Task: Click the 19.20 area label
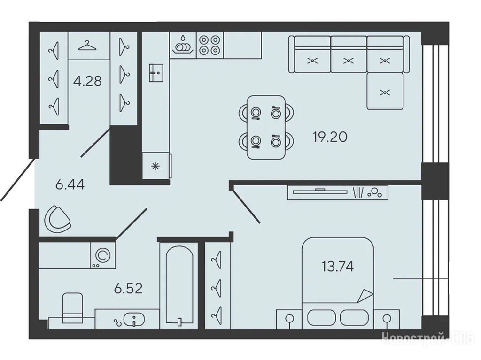pos(330,137)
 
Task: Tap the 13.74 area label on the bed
pos(337,267)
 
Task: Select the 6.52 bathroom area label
pos(128,289)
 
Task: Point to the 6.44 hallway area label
pos(70,184)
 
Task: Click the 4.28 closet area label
pos(87,81)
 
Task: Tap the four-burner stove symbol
pos(210,45)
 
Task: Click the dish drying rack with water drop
pos(183,45)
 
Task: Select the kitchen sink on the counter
pos(156,73)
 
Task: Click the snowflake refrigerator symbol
pos(156,167)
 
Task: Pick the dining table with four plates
pos(266,127)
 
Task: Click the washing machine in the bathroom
pos(103,255)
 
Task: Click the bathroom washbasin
pos(134,320)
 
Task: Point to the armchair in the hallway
pos(58,219)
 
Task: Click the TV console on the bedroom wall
pos(337,192)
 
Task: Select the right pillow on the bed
pos(354,317)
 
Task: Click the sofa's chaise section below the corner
pos(385,91)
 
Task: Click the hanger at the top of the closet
pos(87,46)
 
